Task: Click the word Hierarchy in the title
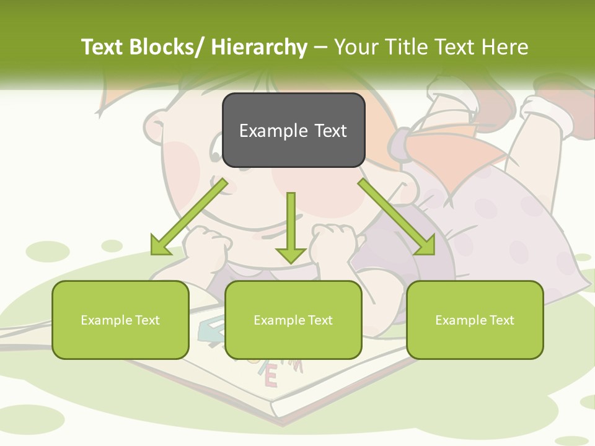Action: (258, 47)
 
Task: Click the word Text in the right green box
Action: (501, 320)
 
